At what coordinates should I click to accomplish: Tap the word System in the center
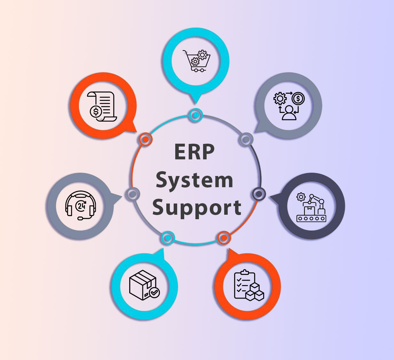(194, 180)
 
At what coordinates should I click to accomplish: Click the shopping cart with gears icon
(196, 60)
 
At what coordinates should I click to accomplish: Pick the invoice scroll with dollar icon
(102, 107)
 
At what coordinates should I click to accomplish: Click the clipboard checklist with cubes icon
(248, 286)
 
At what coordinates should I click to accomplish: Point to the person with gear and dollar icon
(289, 106)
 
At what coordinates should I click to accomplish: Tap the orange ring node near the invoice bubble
(145, 139)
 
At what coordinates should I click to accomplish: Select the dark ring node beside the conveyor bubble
(259, 194)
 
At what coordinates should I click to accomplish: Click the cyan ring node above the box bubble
(167, 237)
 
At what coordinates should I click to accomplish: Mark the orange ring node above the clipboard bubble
(224, 237)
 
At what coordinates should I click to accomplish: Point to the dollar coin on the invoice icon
(96, 112)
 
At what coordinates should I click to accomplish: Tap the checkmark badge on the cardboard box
(154, 292)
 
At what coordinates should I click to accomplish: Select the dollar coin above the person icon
(298, 99)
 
